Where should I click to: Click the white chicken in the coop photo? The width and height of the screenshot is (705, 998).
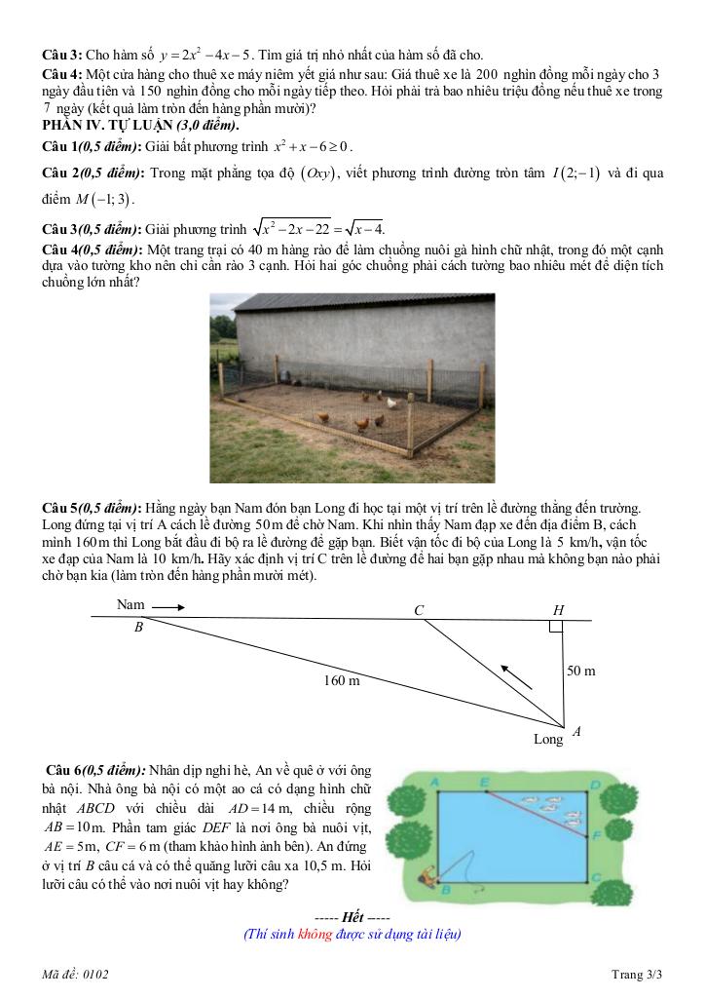[x=392, y=403]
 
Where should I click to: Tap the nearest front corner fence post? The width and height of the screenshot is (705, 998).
[x=410, y=429]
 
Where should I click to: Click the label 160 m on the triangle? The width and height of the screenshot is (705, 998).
[x=342, y=680]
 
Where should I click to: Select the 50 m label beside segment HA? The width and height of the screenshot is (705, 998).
[x=580, y=672]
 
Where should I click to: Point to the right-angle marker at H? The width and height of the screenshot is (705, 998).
[x=555, y=627]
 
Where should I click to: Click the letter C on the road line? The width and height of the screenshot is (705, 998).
[x=419, y=611]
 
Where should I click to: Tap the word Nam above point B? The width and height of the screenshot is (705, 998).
[x=130, y=605]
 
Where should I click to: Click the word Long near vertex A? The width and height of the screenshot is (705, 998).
[x=548, y=740]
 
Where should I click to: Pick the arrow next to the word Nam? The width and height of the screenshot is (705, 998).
[x=167, y=606]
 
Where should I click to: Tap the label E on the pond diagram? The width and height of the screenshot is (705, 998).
[x=485, y=782]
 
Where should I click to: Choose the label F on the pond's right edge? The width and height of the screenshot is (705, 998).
[x=595, y=834]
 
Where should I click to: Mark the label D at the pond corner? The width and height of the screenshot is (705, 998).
[x=594, y=782]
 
